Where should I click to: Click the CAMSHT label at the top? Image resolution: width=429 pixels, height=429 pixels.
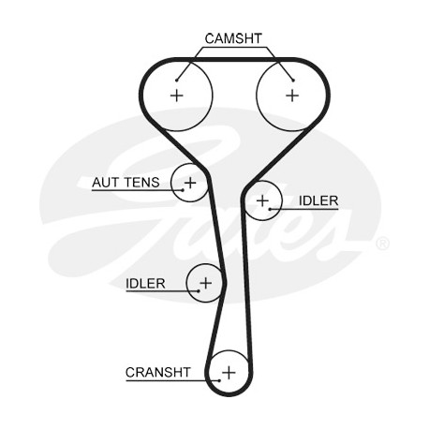coord(233,38)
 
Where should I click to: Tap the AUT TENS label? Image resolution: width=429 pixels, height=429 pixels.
coord(126,183)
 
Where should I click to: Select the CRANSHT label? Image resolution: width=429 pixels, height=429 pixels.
coord(157,372)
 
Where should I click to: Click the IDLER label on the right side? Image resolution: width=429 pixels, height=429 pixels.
coord(318,200)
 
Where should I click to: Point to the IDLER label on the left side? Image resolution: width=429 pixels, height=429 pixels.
coord(145,284)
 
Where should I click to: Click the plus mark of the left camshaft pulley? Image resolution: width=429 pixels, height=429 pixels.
coord(177,96)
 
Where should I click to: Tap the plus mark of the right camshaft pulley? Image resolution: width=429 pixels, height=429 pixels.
coord(292,96)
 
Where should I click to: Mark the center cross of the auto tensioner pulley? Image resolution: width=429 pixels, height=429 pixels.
coord(190,183)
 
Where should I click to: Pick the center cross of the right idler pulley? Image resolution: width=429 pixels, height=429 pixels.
coord(262,200)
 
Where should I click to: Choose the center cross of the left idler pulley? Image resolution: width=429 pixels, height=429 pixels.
coord(206,283)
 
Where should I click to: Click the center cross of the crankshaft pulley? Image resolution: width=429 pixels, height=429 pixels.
coord(229,373)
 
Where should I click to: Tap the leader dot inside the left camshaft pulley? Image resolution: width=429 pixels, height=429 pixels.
coord(176,81)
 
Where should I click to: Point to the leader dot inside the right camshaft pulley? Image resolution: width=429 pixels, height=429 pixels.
coord(293,81)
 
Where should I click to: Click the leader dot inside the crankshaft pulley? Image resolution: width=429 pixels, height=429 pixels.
coord(219,380)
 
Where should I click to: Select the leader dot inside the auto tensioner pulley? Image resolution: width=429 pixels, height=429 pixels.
coord(183,190)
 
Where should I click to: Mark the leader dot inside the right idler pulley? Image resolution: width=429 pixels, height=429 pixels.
coord(270,209)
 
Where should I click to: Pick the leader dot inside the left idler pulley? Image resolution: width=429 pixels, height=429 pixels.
coord(199,291)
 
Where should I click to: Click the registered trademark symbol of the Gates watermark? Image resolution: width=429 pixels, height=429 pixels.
coord(382,244)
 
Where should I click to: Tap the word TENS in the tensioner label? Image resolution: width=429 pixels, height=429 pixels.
coord(142,183)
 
